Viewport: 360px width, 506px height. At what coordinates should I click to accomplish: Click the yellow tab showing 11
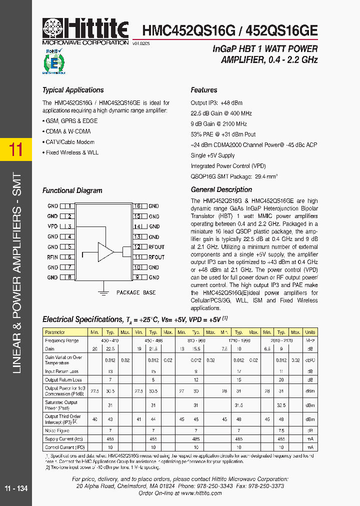pyautogui.click(x=16, y=149)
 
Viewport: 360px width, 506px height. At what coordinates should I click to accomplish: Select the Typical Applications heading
pyautogui.click(x=73, y=90)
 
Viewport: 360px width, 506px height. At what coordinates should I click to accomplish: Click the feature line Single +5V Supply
pyautogui.click(x=212, y=155)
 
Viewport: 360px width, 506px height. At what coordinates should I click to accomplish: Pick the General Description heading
pyautogui.click(x=221, y=190)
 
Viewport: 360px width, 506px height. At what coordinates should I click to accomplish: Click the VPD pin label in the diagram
pyautogui.click(x=52, y=226)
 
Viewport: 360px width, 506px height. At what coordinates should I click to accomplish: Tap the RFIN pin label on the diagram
pyautogui.click(x=52, y=257)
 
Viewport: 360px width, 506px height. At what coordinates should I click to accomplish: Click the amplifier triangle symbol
pyautogui.click(x=105, y=251)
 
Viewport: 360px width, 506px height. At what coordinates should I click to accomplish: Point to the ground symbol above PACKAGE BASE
pyautogui.click(x=103, y=287)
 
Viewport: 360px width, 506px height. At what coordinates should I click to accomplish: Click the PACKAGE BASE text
pyautogui.click(x=135, y=292)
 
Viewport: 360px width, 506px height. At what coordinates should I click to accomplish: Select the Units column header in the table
pyautogui.click(x=310, y=332)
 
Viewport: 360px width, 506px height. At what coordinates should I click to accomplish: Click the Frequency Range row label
pyautogui.click(x=62, y=340)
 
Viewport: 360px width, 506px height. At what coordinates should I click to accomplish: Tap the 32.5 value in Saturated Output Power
pyautogui.click(x=281, y=405)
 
